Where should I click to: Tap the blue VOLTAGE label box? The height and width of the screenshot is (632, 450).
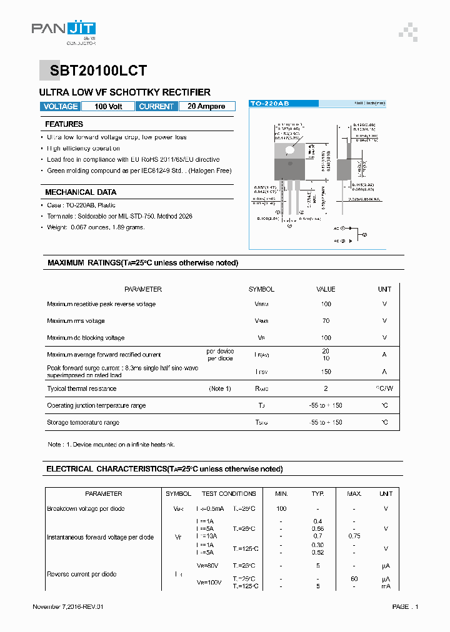coord(61,107)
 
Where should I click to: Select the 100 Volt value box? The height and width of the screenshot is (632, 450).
coord(108,107)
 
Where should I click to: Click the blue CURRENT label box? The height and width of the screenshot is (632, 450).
coord(156,107)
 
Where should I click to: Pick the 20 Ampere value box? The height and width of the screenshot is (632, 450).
coord(206,107)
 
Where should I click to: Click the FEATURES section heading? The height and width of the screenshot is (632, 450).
coord(64,124)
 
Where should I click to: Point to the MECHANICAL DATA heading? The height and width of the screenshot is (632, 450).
coord(81,192)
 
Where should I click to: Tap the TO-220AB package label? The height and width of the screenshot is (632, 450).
coord(269,103)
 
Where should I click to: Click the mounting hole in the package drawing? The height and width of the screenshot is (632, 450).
coord(290,149)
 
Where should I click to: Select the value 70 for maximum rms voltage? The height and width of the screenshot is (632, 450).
coord(326,321)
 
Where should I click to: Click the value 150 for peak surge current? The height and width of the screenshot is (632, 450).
coord(326,372)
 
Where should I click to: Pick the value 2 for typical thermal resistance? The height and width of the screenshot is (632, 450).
coord(326,388)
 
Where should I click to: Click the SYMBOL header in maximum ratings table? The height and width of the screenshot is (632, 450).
coord(261,289)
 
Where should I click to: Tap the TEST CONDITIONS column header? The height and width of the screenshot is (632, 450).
coord(229,494)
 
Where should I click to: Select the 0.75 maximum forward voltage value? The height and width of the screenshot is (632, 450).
coord(354,536)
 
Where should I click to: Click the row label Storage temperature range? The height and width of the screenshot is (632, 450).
coord(84,423)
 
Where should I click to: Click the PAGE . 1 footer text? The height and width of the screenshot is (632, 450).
coord(405,607)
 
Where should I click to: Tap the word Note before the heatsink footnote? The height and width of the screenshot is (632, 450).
coord(55,445)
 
